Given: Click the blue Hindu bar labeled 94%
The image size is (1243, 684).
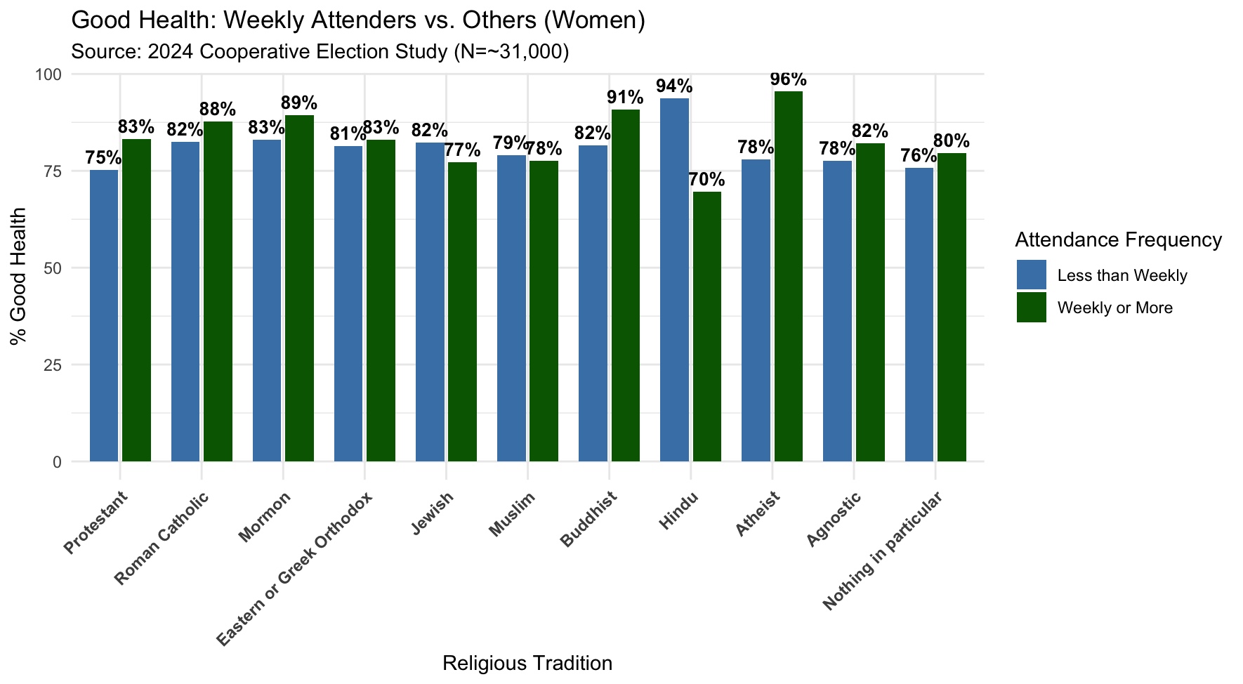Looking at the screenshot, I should pos(675,281).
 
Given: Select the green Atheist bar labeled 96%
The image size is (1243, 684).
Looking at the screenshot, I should pos(788,277).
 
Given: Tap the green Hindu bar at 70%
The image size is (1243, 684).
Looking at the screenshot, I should pos(706,327).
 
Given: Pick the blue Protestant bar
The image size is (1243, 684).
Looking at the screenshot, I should pos(104,316).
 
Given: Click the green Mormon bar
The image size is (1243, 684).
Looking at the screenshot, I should pos(299,288).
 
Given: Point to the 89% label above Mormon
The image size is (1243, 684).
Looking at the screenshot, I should pos(299,103).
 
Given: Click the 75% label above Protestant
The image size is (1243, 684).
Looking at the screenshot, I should pos(103,158).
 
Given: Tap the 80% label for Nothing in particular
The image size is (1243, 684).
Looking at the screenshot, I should pos(952,140).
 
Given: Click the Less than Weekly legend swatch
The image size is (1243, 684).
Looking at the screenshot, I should pos(1031,275).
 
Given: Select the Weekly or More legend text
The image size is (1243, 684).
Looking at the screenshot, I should pos(1114,308).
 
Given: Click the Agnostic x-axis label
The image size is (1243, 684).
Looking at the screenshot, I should pos(834,520).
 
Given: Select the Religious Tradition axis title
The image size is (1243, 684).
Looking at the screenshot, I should pos(527,663).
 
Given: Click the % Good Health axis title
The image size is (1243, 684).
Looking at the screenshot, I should pos(19,276).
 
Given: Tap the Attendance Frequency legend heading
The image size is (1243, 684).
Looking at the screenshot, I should pos(1118,240).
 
